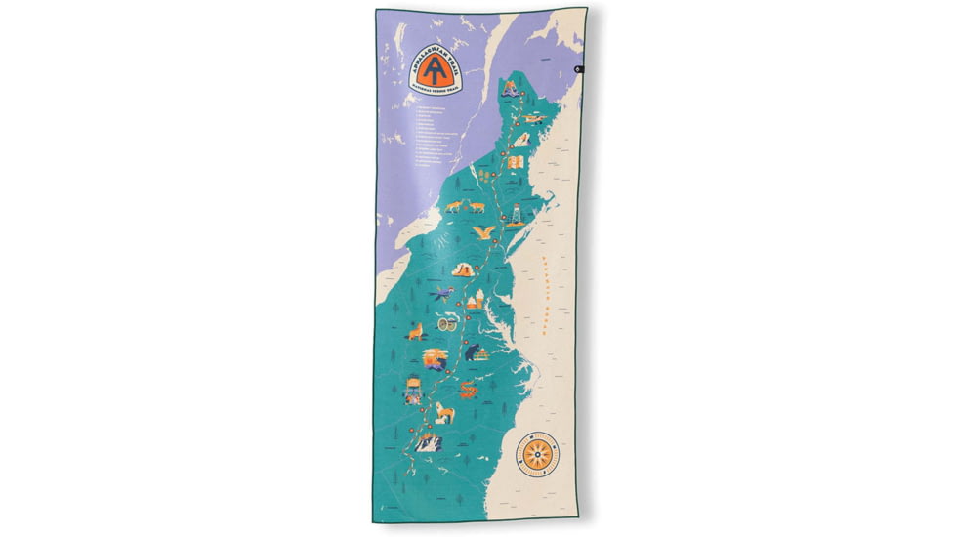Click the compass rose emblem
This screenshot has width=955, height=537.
point(538,454)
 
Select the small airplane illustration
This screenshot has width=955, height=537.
point(532,118)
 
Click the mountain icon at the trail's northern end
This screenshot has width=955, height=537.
point(509,89)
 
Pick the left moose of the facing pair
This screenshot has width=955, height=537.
point(452,206)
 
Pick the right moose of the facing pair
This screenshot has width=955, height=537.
point(477,206)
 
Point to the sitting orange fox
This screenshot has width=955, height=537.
point(415,333)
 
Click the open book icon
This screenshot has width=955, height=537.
point(522,140)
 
